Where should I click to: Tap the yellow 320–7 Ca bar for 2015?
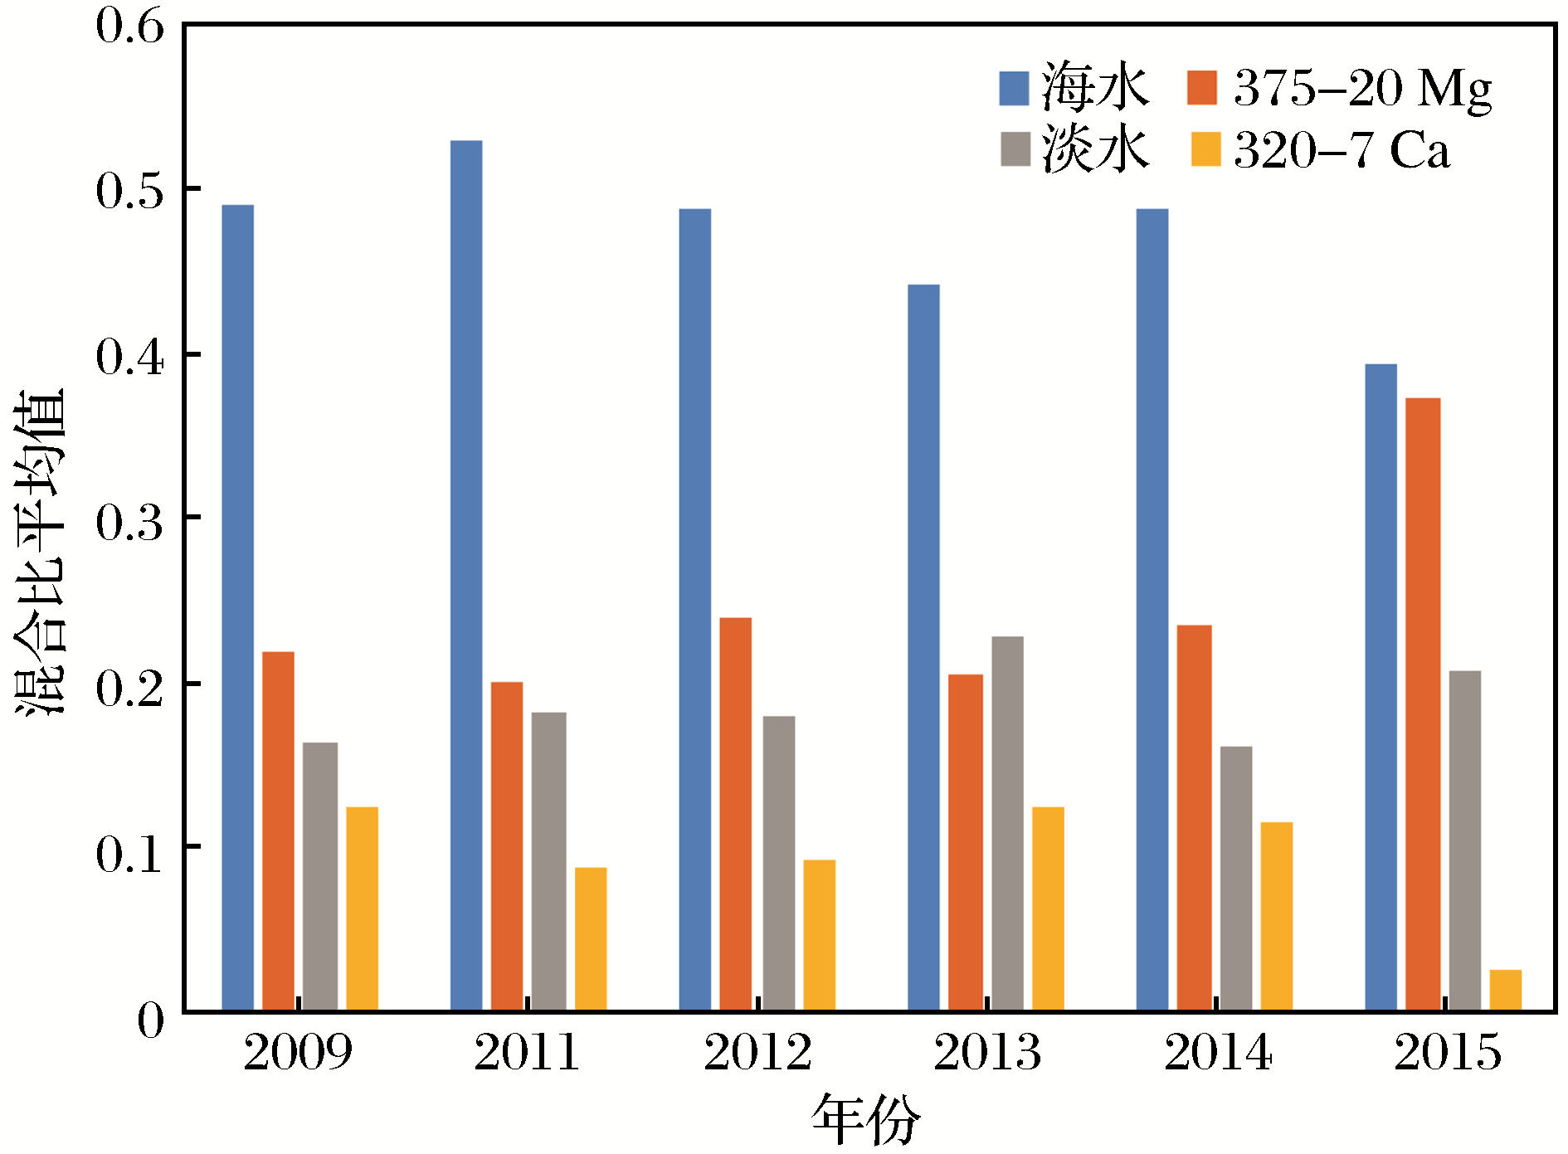click(1505, 990)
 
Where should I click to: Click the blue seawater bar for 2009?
click(238, 607)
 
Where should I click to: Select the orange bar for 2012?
click(735, 814)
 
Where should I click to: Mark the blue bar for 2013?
click(923, 647)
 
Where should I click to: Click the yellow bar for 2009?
click(363, 908)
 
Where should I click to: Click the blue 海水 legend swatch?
click(1014, 88)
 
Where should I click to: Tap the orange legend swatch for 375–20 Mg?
click(1201, 88)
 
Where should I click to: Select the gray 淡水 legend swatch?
click(1015, 149)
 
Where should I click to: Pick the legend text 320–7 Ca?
click(1342, 150)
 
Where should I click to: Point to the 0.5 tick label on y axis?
click(129, 191)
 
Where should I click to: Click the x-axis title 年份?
click(866, 1120)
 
